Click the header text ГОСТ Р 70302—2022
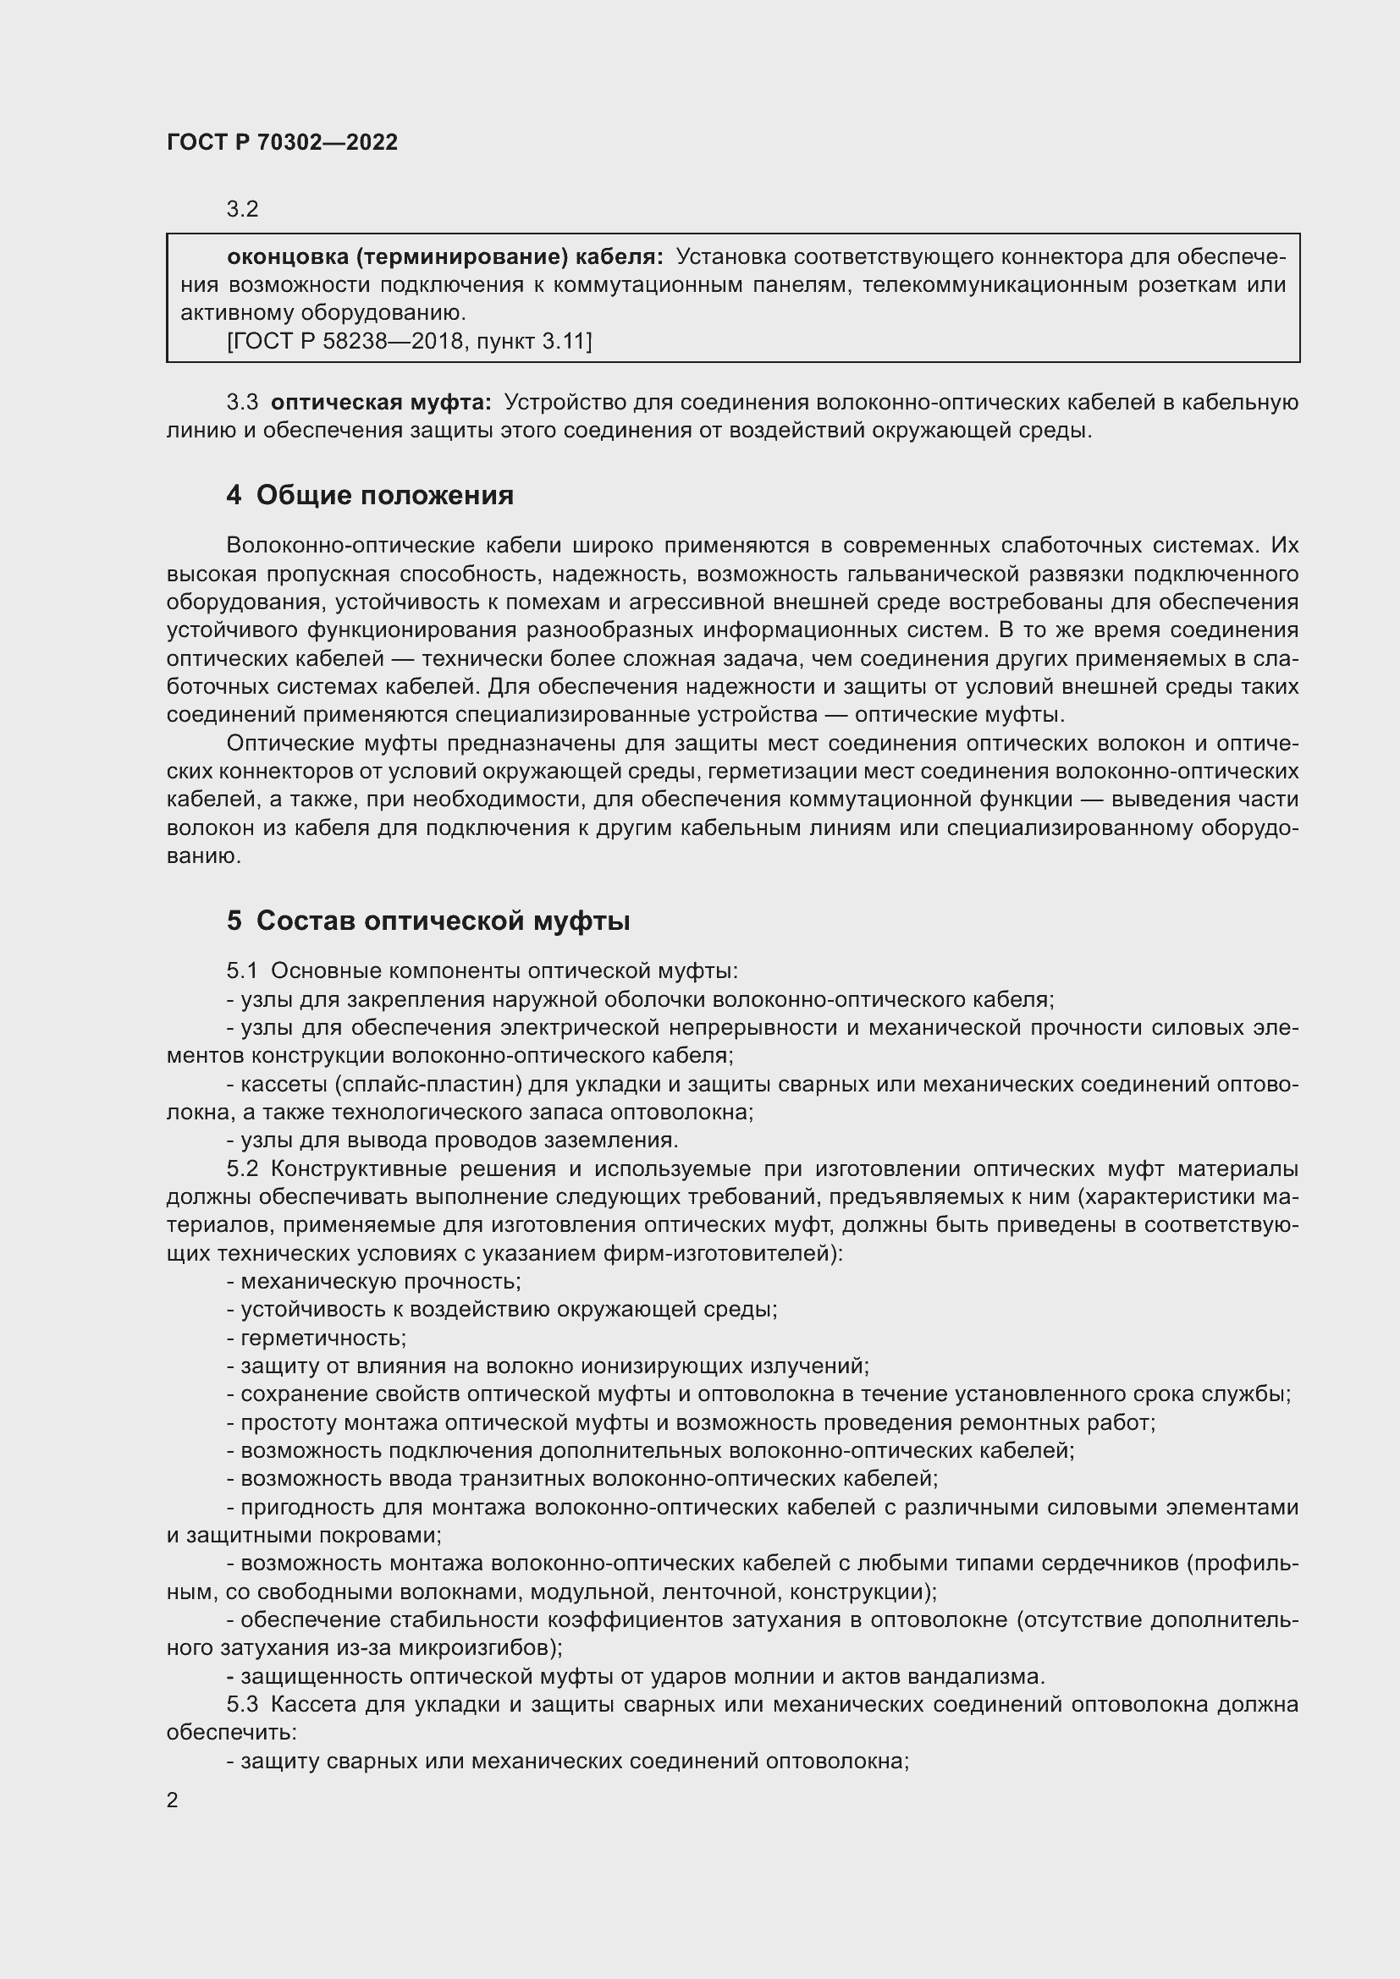pos(282,143)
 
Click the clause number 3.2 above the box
pos(242,210)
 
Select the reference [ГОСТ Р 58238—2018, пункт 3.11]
pos(410,342)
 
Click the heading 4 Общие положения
pos(370,496)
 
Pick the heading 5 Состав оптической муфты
pos(428,921)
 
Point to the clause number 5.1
pos(242,971)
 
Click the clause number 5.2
pos(242,1169)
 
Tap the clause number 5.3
pos(242,1706)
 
